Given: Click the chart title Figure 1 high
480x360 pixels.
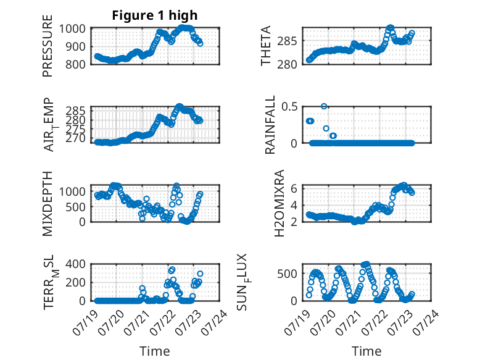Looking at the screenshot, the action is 155,15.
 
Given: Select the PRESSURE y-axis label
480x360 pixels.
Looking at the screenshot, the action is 48,46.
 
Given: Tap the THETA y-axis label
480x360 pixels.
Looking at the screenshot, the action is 266,46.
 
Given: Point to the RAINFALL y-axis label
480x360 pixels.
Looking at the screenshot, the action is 270,125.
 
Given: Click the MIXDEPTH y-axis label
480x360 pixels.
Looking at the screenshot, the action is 48,204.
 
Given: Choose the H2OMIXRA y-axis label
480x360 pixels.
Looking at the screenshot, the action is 279,203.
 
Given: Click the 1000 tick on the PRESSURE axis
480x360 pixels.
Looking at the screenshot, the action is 72,29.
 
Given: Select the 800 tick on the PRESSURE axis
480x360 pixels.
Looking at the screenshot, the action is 75,64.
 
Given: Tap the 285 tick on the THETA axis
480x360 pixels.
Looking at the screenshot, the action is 287,41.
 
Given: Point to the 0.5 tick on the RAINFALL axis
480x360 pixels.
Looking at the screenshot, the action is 289,107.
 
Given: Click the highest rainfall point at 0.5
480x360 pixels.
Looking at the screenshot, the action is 324,106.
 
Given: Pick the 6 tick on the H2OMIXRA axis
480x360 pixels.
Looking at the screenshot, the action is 294,188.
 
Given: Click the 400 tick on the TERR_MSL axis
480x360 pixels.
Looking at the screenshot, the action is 75,264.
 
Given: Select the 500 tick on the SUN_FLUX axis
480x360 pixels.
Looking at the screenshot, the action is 287,274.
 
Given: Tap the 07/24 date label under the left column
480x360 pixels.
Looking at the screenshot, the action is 215,322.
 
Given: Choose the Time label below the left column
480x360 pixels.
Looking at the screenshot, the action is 155,351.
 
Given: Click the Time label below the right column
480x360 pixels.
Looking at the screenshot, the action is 366,351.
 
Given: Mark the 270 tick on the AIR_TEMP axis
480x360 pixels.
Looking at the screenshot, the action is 76,138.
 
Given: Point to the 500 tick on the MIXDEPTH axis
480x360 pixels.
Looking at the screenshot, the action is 75,207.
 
